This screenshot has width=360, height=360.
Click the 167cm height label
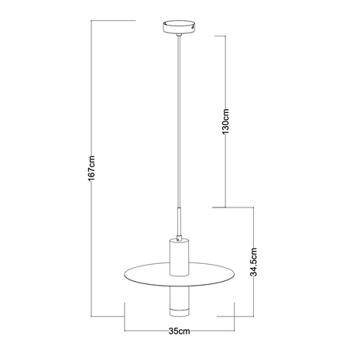[x=91, y=167]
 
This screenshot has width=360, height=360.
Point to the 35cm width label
[x=180, y=331]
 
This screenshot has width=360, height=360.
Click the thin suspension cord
[x=179, y=124]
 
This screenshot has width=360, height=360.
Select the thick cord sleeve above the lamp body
[x=179, y=220]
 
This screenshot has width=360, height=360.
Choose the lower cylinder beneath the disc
[x=179, y=297]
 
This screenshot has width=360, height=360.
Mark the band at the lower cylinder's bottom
[x=179, y=313]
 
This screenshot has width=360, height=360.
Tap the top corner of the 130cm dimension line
[x=225, y=34]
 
